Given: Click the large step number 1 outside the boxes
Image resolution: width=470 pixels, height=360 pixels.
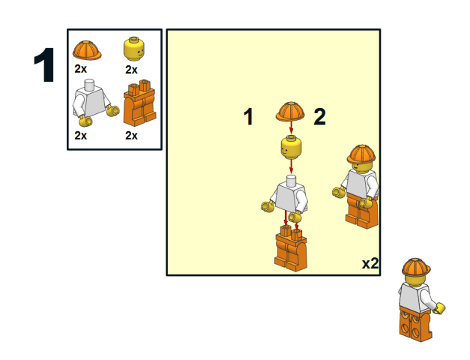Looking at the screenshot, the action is coord(44,64).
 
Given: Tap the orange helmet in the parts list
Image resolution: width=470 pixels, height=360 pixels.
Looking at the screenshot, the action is coord(87,50).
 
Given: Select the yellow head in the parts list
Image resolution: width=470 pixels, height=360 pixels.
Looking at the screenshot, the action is coord(134,49).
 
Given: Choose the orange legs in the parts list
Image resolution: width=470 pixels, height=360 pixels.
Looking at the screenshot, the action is coord(139,103).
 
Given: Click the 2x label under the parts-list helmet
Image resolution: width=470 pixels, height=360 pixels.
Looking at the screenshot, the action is coord(81,69).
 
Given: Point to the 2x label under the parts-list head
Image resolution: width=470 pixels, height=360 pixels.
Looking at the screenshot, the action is coord(131,70).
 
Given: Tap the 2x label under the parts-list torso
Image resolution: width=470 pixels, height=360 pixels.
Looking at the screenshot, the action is coord(81,136).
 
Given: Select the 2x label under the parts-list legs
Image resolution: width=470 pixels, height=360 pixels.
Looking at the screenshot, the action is coord(131,136).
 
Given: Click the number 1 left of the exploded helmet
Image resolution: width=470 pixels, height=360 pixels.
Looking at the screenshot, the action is coord(248,116).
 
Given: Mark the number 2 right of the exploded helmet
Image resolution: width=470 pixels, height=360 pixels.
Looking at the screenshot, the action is coord(319,116).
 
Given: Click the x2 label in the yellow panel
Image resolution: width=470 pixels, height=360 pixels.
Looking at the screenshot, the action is coord(370,263).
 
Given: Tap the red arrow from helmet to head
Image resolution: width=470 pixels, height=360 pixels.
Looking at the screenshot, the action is coord(291,127).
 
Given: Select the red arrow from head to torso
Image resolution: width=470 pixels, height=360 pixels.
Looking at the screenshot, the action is coord(291,166).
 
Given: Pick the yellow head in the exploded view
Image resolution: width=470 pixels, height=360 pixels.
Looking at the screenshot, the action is coord(291,147).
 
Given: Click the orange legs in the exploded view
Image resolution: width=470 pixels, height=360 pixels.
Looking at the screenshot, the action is coord(291,249).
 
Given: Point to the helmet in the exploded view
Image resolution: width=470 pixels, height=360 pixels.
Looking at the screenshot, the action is coord(290,111).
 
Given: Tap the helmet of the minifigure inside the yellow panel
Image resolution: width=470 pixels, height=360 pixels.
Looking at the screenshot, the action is coord(361,154).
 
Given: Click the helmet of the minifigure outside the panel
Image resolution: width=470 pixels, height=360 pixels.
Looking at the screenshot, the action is coord(416,267).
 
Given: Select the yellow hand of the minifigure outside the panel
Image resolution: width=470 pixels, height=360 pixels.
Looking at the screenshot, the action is coord(440,308).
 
